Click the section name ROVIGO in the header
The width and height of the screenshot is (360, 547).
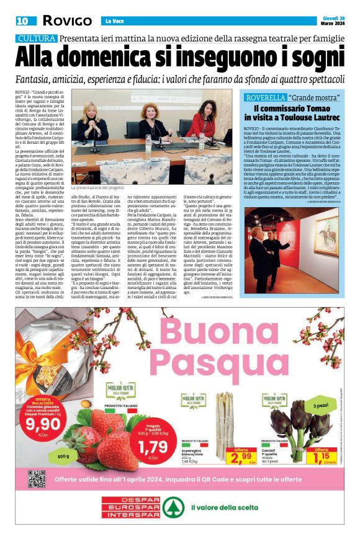point(67,21)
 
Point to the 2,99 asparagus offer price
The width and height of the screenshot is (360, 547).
point(241,458)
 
